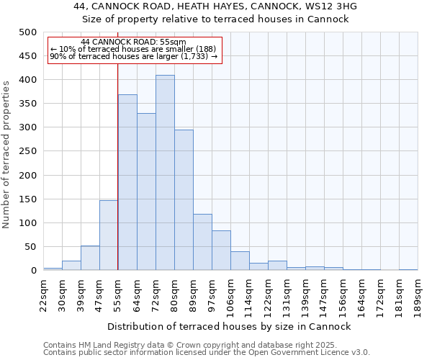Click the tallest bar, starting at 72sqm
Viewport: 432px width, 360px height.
(165, 173)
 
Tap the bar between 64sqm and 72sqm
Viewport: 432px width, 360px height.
(146, 192)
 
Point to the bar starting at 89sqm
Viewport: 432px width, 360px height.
(202, 242)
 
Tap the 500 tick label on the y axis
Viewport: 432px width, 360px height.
(28, 32)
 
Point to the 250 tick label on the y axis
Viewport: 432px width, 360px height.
(28, 151)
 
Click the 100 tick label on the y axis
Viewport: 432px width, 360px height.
(28, 223)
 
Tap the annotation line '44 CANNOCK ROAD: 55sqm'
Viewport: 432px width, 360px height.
(133, 42)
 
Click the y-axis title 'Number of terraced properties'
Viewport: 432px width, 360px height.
(6, 154)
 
